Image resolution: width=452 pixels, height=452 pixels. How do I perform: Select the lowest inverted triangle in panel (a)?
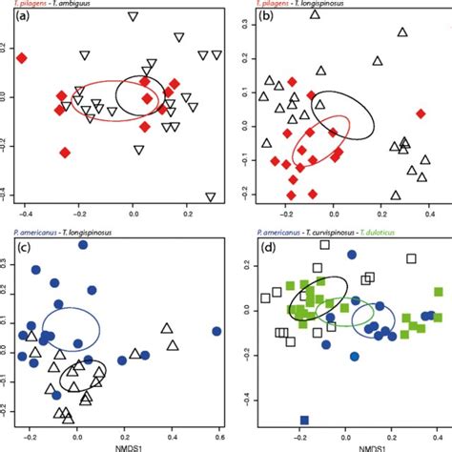pos(212,196)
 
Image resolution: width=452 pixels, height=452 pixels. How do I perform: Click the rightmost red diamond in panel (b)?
pos(421,113)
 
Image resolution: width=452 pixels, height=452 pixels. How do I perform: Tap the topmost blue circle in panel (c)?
pos(83,245)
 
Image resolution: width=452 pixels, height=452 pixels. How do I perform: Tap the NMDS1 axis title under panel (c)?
pos(118,446)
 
